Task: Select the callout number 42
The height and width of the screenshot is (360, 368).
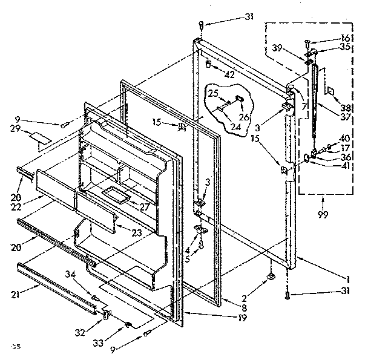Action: (x=212, y=76)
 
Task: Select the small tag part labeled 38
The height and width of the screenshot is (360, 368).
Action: (x=330, y=90)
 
